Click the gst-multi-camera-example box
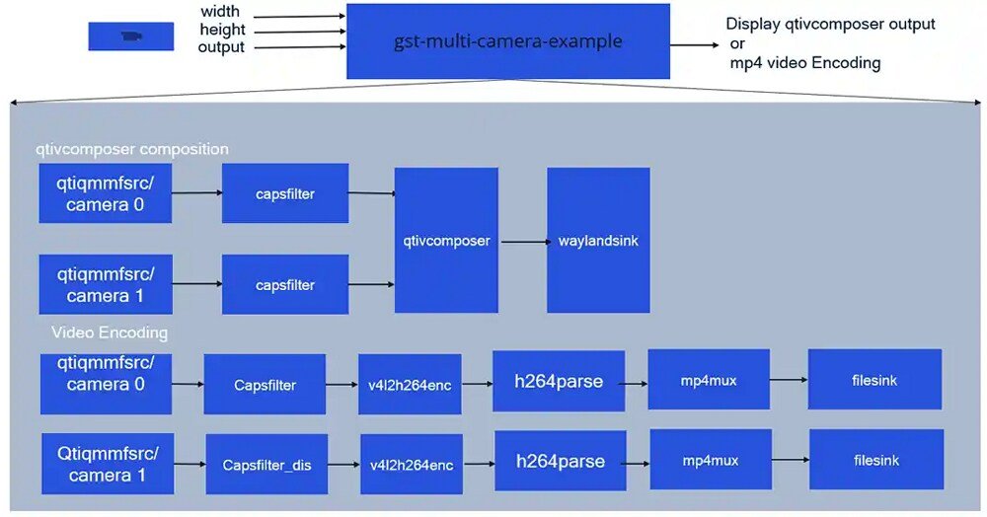[x=507, y=41]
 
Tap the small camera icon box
[x=131, y=37]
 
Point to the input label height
[x=221, y=31]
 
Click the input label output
[x=221, y=47]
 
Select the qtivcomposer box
[x=446, y=240]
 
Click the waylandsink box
[x=598, y=240]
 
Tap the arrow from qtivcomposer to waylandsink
[x=522, y=241]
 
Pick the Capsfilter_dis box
[x=266, y=464]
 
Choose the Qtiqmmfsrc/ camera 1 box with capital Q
[x=106, y=464]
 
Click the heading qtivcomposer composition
[x=132, y=149]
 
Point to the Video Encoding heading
[x=110, y=332]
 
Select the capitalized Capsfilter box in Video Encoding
[x=265, y=385]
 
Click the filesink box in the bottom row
[x=876, y=460]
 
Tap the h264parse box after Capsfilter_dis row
[x=560, y=461]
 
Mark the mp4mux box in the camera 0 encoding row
[x=709, y=380]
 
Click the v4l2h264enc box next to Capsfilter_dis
[x=411, y=464]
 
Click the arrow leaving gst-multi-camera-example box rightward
[x=695, y=43]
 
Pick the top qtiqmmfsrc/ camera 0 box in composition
[x=106, y=193]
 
